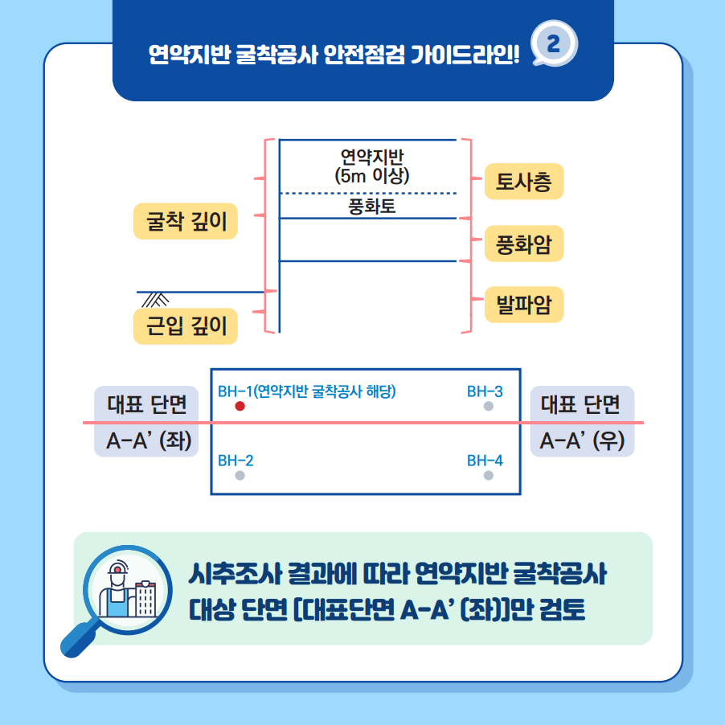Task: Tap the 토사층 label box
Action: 524,182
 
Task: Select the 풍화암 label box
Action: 524,244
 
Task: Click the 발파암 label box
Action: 524,305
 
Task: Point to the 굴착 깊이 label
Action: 186,222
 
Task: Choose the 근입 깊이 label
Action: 186,326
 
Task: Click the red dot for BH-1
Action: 240,407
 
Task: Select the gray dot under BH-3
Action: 489,407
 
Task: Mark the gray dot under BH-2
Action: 240,476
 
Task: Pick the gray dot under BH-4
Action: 489,476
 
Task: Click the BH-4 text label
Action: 485,461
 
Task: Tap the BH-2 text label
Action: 236,461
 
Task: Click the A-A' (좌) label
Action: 147,441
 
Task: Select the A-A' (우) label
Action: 582,441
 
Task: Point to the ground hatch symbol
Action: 155,299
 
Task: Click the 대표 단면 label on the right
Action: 582,403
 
